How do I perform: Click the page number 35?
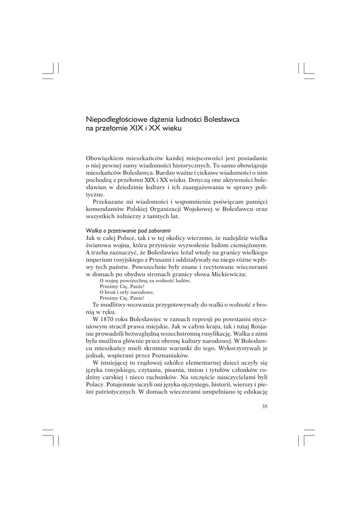265,407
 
